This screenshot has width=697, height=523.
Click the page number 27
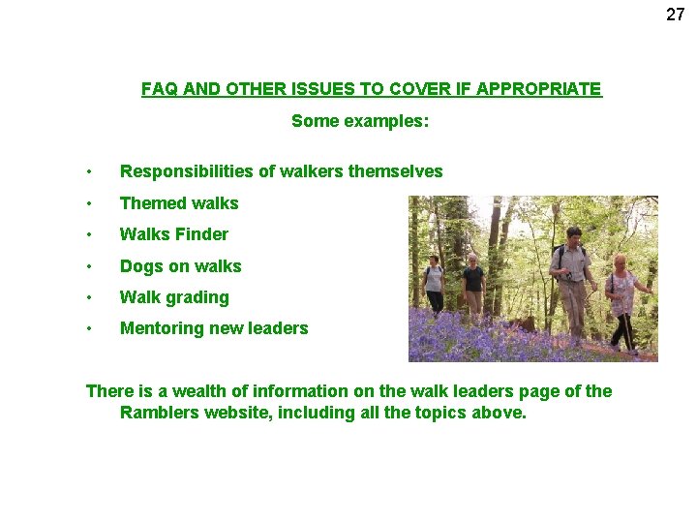[x=675, y=15]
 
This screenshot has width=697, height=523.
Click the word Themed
[x=150, y=203]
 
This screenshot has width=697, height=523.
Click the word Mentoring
[x=159, y=328]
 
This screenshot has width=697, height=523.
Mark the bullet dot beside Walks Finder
[x=88, y=234]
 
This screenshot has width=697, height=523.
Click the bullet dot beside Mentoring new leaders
[x=88, y=328]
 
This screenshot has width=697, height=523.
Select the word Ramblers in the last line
[x=159, y=413]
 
